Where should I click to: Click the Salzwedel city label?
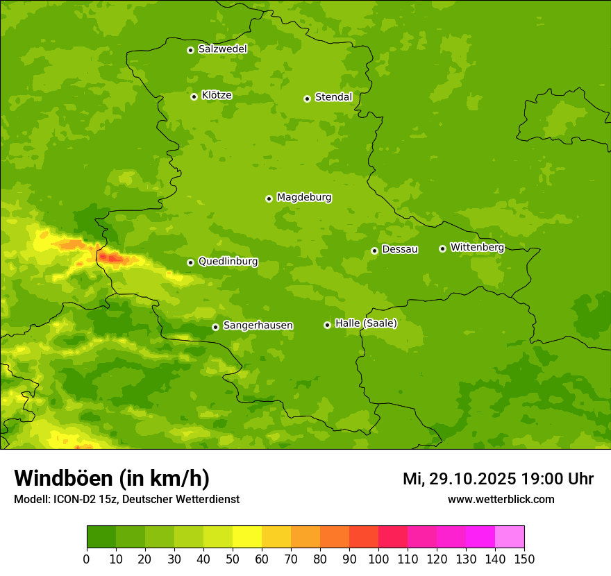pos(222,49)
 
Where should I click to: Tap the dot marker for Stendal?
pos(307,99)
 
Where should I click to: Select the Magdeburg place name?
pos(304,198)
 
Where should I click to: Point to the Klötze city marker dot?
pos(194,96)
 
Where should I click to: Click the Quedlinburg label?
pos(228,262)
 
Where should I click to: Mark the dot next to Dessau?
pos(374,251)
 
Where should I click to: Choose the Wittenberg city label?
pos(477,248)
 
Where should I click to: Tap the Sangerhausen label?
pos(258,325)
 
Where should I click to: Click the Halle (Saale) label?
pos(366,323)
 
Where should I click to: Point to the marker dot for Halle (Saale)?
pos(327,325)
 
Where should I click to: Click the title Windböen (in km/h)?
pos(112,478)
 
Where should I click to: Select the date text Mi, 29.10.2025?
pos(459,479)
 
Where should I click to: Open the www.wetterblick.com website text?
pos(501,500)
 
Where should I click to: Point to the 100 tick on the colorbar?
pos(378,559)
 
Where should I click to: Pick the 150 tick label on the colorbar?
pos(524,559)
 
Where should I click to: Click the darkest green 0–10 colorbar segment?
pos(101,536)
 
